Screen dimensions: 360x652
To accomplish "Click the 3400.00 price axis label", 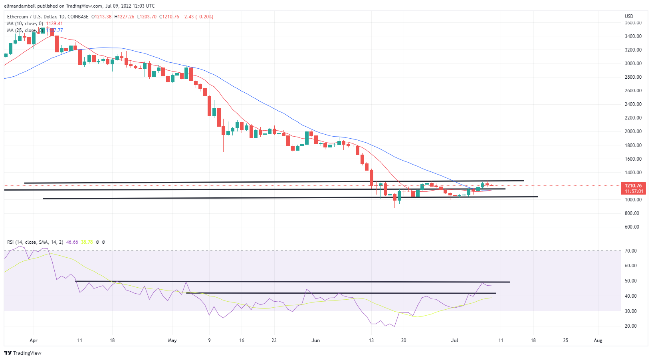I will (x=633, y=36).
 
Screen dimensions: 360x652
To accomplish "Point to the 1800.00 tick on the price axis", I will (x=633, y=145).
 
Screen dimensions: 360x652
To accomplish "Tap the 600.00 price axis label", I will (x=632, y=227).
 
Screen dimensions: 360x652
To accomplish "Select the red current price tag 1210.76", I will (x=633, y=186).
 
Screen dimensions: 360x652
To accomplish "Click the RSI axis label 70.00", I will (x=631, y=251).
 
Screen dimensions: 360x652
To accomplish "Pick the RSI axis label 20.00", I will (x=631, y=326).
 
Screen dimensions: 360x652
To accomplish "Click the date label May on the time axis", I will (x=172, y=340).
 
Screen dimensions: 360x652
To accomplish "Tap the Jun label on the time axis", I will (x=316, y=340).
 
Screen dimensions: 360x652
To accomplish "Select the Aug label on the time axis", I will (x=598, y=340).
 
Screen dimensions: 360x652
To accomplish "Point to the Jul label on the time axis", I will (x=454, y=340).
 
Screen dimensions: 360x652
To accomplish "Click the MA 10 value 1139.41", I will (x=54, y=24).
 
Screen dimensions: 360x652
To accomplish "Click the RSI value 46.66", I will (x=72, y=242).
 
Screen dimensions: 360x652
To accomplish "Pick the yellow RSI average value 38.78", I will (x=87, y=242).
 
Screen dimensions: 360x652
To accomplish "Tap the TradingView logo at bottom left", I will (x=23, y=353).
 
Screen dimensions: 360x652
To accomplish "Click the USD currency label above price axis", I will (x=629, y=16).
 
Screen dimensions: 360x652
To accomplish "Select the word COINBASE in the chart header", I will (x=78, y=17).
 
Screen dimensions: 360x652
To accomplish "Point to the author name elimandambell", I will (x=20, y=6).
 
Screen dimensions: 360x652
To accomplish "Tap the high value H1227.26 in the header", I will (x=124, y=17).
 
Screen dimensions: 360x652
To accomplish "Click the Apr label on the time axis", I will (x=34, y=340).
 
